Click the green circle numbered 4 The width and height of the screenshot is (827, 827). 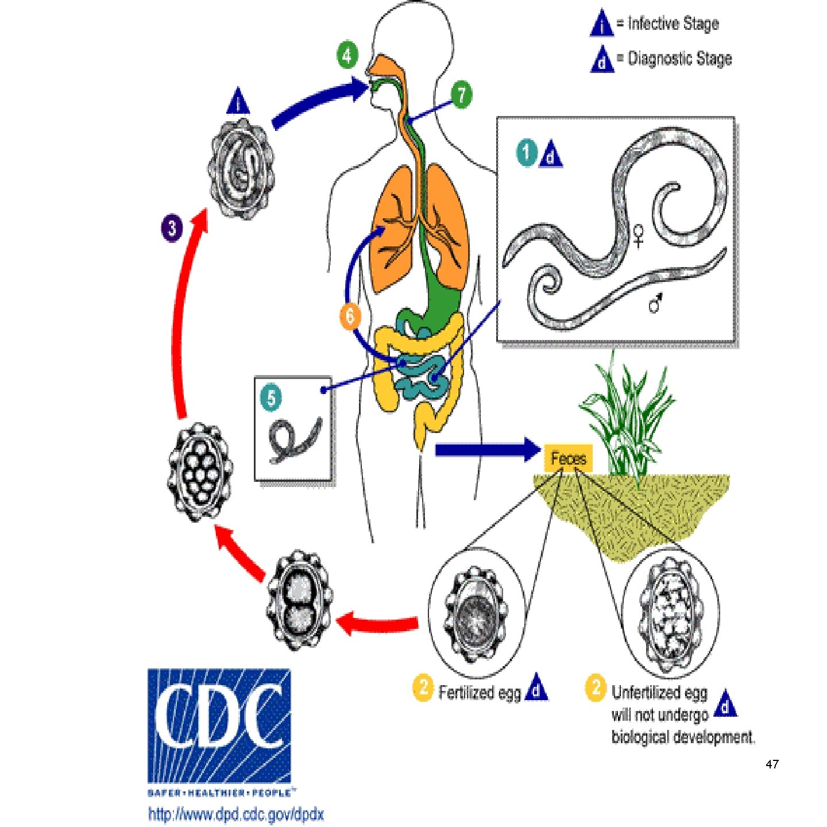pyautogui.click(x=347, y=56)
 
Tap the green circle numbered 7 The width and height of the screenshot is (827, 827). pyautogui.click(x=461, y=95)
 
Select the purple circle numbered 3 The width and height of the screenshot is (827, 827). pyautogui.click(x=172, y=228)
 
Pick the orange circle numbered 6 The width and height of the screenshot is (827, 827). pyautogui.click(x=350, y=315)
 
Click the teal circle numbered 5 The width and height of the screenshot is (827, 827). pyautogui.click(x=271, y=397)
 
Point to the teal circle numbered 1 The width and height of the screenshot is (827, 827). pyautogui.click(x=526, y=153)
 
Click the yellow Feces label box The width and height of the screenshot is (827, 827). pyautogui.click(x=568, y=458)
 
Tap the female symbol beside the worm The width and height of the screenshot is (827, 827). pyautogui.click(x=638, y=235)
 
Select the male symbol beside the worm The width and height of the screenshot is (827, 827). pyautogui.click(x=655, y=303)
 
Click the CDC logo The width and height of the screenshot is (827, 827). pyautogui.click(x=219, y=726)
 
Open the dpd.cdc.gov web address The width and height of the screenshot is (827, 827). pyautogui.click(x=236, y=814)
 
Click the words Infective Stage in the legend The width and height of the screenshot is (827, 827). pyautogui.click(x=673, y=24)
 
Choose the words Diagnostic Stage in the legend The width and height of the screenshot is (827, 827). pyautogui.click(x=680, y=58)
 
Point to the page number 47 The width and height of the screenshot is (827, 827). pyautogui.click(x=772, y=764)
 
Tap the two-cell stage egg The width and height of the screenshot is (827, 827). pyautogui.click(x=299, y=600)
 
